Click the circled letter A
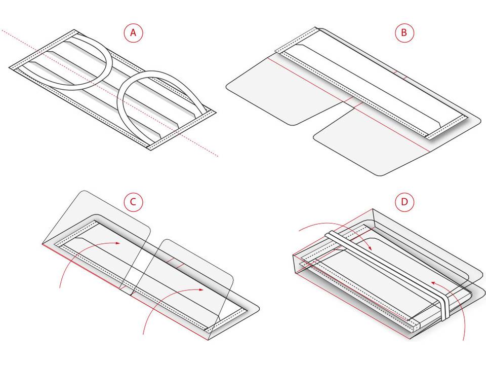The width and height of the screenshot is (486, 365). click(133, 32)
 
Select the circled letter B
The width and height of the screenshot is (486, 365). click(404, 32)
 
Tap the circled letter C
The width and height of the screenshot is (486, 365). click(133, 202)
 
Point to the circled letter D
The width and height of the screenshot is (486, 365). click(404, 202)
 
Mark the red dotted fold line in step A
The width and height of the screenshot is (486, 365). click(110, 93)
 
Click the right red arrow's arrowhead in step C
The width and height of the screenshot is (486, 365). click(201, 289)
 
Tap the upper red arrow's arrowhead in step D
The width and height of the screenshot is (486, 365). click(369, 247)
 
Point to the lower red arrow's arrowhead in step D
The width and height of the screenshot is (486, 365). click(434, 283)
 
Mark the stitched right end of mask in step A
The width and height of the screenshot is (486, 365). click(181, 130)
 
